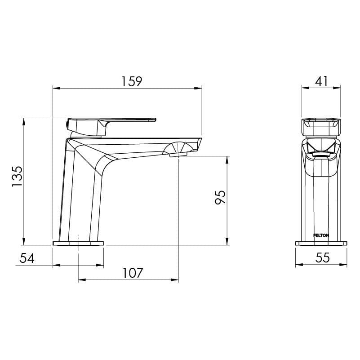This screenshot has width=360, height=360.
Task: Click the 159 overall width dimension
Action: point(132,81)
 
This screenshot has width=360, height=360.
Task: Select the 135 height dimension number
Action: point(17,177)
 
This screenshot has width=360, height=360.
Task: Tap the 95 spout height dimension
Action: point(220,198)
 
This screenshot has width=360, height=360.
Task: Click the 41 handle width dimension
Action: point(321,81)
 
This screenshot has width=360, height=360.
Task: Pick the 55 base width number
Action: point(323,258)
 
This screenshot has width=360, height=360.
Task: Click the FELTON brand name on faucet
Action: point(321,235)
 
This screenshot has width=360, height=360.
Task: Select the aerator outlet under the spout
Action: point(178,155)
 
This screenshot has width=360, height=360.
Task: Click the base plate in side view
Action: point(78,243)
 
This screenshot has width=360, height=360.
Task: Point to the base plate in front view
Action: point(321,243)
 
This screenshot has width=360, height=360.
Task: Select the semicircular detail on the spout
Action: point(179,148)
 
